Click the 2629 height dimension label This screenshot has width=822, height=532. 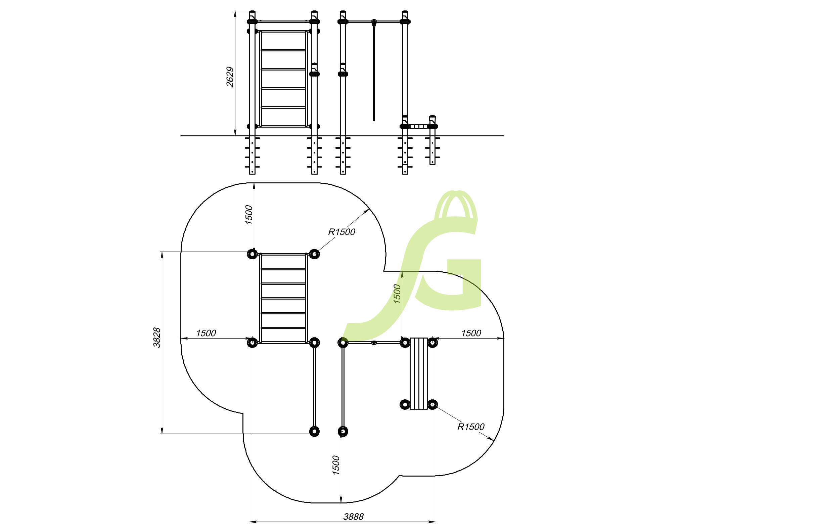pos(230,77)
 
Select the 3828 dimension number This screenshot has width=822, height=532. pos(157,338)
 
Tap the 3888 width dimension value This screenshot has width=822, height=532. pos(353,517)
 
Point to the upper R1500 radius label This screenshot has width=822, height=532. pos(341,232)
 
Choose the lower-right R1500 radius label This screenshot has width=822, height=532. pos(471,427)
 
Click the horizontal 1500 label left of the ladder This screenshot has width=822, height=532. pos(206,334)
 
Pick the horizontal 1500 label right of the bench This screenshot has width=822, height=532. pos(471,334)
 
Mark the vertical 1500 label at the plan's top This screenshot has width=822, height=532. pos(249,215)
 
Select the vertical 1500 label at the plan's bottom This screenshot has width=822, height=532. pos(336,465)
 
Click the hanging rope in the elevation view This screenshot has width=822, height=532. pos(374,71)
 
